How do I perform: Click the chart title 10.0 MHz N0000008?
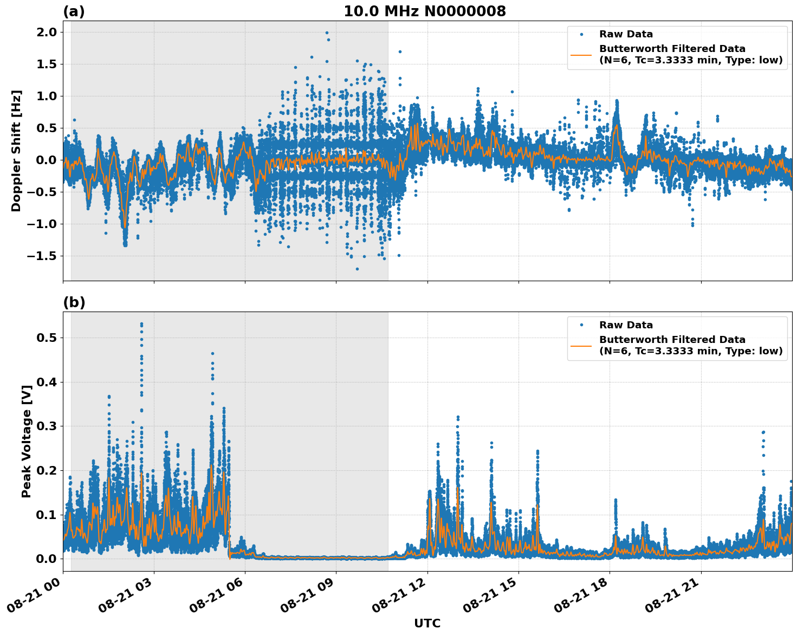424,11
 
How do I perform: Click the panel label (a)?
74,11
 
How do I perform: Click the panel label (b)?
74,302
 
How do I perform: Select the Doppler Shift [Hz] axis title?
16,151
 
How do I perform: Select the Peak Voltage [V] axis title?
26,442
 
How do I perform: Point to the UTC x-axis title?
427,623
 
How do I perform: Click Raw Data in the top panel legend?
626,34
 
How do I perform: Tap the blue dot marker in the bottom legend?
581,325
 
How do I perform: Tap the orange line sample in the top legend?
581,54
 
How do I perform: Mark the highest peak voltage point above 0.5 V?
141,324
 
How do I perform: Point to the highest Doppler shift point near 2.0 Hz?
327,33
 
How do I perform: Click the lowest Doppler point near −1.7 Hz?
357,269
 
